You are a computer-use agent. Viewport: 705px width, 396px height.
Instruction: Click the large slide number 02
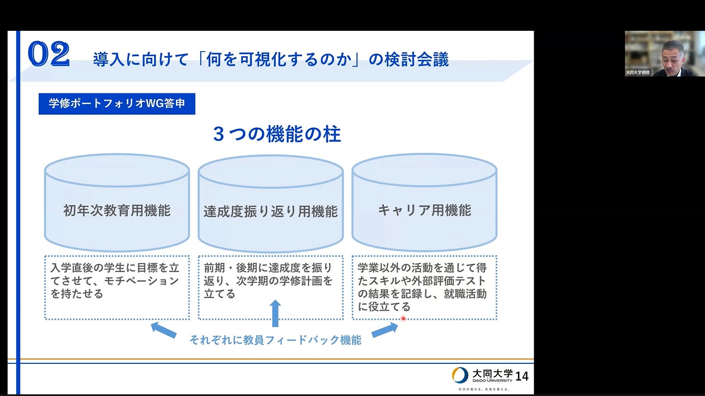click(49, 54)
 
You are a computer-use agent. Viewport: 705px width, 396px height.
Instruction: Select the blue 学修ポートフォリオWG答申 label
click(117, 104)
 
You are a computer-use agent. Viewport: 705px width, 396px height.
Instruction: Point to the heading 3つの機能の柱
click(277, 134)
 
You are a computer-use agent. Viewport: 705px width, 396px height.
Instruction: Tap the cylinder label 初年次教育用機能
click(117, 211)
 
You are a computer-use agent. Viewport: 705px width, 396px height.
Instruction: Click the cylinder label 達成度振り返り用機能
click(271, 212)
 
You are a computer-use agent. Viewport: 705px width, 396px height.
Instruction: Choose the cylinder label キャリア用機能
click(424, 210)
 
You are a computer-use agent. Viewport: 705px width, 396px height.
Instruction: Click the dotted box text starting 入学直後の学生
click(115, 281)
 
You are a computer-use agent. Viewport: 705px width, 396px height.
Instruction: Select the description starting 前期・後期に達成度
click(268, 281)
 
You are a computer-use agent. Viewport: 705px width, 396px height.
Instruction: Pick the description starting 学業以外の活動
click(422, 287)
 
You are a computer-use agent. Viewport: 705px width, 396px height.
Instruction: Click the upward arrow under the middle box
click(275, 313)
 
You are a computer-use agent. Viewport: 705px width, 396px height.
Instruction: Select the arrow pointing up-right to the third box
click(385, 329)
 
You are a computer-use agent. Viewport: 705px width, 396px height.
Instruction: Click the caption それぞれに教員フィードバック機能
click(275, 340)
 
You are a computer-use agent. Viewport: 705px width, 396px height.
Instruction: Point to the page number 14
click(522, 376)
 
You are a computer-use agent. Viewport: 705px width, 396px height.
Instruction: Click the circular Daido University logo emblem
click(460, 375)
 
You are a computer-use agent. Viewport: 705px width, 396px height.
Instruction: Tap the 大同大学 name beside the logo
click(492, 374)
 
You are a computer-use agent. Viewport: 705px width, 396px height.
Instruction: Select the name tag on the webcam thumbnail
click(637, 72)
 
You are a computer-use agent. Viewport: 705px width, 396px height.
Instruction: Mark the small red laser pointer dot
click(403, 319)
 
